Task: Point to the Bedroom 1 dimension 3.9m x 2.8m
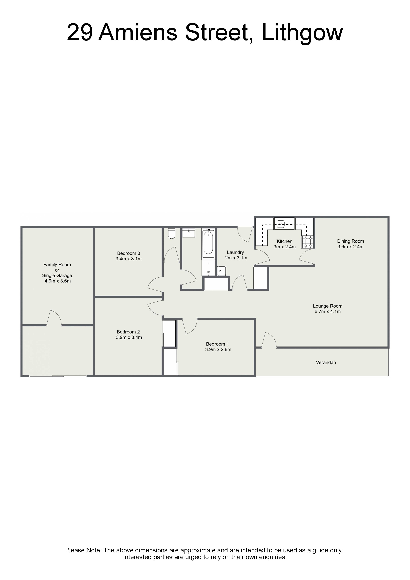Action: (218, 350)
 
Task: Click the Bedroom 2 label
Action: (128, 332)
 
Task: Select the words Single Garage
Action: (57, 276)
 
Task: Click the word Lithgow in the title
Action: (302, 33)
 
